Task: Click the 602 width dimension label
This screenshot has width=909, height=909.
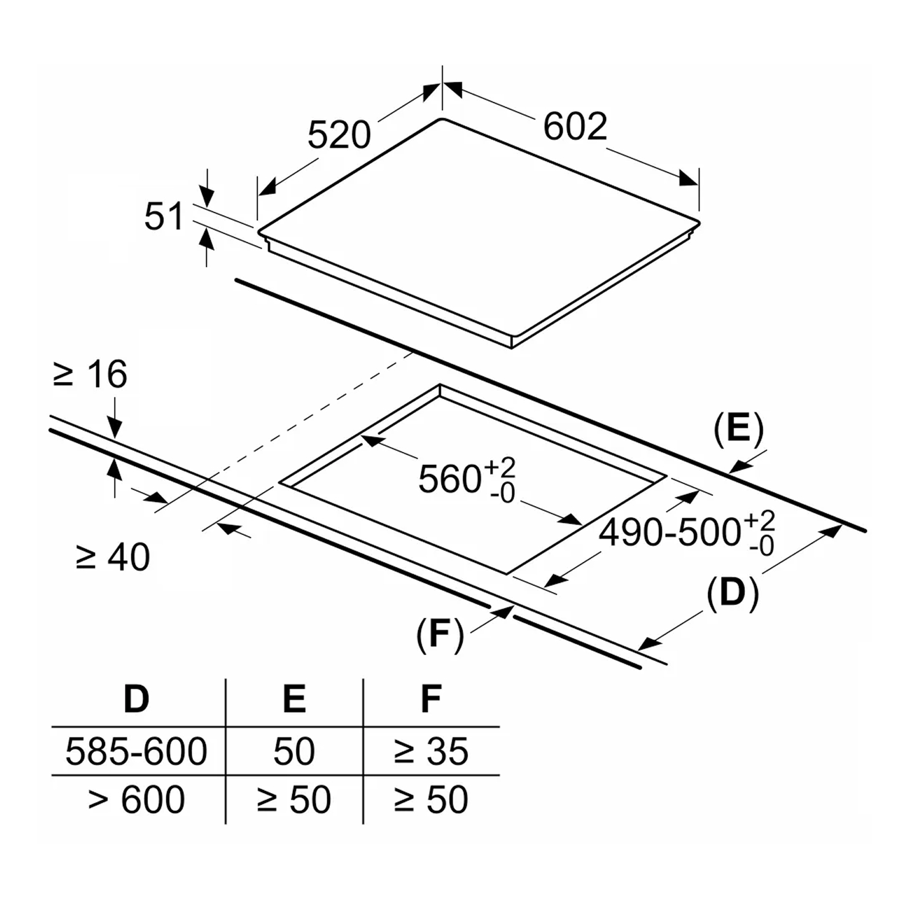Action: tap(575, 126)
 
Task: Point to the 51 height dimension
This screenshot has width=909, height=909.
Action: tap(163, 217)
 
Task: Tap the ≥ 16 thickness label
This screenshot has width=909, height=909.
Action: tap(90, 374)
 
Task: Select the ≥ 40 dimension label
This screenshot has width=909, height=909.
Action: tap(112, 557)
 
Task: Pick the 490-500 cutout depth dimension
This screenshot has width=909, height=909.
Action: tap(687, 532)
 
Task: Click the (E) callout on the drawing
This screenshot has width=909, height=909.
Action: tap(738, 429)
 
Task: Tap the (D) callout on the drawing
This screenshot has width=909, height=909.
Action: tap(733, 594)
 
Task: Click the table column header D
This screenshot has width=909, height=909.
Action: tap(136, 699)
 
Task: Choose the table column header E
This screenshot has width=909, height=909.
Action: tap(295, 699)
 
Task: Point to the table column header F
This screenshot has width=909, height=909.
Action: tap(431, 699)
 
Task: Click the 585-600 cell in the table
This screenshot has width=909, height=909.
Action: tap(136, 751)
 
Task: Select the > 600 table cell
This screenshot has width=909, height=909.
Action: tap(136, 799)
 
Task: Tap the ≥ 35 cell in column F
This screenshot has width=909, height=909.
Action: tap(431, 751)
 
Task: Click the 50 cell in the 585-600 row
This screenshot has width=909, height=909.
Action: tap(294, 751)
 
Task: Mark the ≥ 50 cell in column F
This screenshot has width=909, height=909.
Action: tap(431, 799)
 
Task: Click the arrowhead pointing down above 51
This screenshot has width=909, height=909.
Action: tap(207, 198)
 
